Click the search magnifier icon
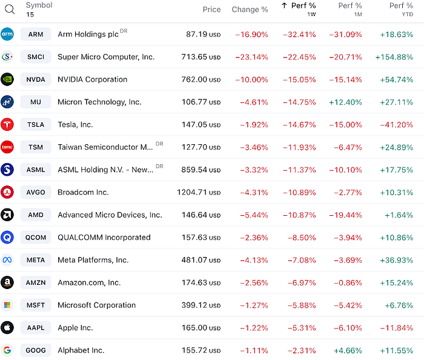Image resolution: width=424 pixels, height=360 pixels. (x=10, y=9)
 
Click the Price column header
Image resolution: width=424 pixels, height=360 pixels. (x=211, y=10)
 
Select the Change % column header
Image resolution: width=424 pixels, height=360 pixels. (x=250, y=10)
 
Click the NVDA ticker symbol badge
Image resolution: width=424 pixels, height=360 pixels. (x=36, y=79)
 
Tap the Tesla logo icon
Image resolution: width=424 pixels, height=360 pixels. (x=7, y=125)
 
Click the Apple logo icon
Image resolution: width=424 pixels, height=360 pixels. (x=7, y=328)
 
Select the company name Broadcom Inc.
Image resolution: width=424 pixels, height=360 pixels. (x=83, y=192)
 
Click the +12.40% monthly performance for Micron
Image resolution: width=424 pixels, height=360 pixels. (x=345, y=102)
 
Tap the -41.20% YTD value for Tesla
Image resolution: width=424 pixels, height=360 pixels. (x=397, y=125)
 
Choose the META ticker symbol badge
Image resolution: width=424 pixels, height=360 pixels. (x=36, y=260)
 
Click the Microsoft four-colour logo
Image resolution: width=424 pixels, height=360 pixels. (x=7, y=305)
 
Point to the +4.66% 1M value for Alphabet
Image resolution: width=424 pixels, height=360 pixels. (x=348, y=350)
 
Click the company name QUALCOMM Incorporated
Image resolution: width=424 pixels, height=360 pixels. (x=104, y=238)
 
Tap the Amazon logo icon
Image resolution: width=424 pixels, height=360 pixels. (x=7, y=282)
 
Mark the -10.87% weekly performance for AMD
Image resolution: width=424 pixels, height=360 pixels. (x=299, y=215)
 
